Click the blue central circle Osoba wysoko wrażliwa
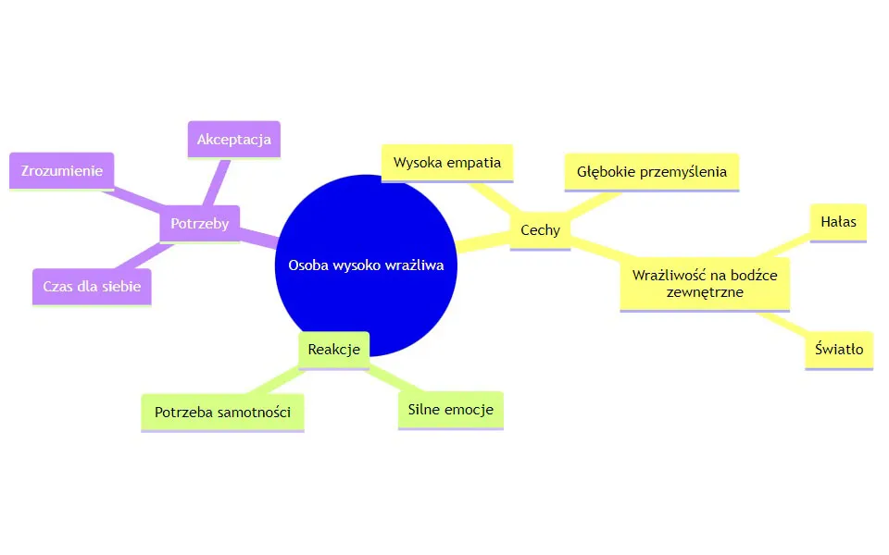[367, 231]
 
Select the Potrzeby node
[199, 223]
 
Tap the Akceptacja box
[233, 140]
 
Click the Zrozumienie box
[61, 171]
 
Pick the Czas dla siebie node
[92, 286]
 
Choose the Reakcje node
[333, 348]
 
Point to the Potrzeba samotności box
[222, 412]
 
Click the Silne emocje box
[450, 409]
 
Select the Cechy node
[540, 229]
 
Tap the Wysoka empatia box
[447, 163]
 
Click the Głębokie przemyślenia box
[652, 171]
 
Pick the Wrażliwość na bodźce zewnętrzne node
[705, 283]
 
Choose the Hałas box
[838, 222]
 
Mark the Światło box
[839, 350]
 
